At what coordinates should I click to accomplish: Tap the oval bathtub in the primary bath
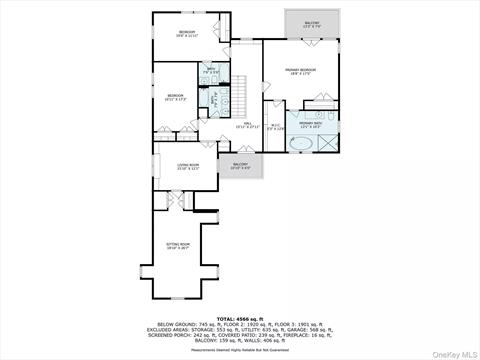(300, 144)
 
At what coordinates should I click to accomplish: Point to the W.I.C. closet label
(277, 126)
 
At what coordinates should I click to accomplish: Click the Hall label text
(247, 125)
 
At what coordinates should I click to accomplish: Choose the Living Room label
(189, 166)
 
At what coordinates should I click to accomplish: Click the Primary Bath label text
(311, 125)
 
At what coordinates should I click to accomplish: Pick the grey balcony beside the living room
(241, 167)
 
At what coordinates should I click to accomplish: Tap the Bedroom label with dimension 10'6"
(187, 34)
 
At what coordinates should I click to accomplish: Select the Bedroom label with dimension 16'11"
(176, 98)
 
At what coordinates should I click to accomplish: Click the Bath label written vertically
(213, 99)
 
